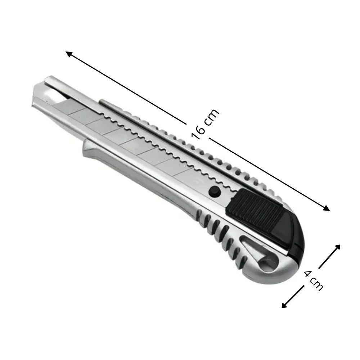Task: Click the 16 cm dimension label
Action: click(205, 124)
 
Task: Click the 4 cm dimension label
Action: click(314, 280)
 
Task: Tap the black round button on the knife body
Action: click(214, 191)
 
